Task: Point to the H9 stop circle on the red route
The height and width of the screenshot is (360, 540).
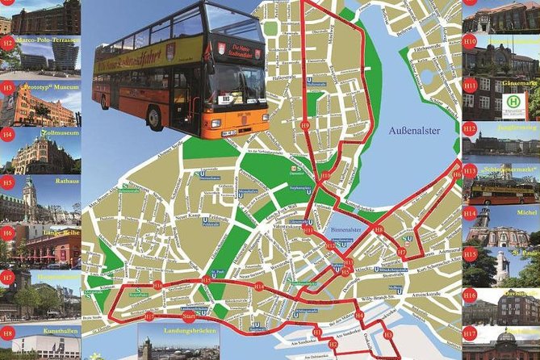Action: [305, 126]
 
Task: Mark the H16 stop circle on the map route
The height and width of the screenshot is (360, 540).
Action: [157, 285]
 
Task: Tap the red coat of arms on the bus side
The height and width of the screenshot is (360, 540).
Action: [170, 51]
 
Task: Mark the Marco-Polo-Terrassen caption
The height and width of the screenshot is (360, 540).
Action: [50, 40]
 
